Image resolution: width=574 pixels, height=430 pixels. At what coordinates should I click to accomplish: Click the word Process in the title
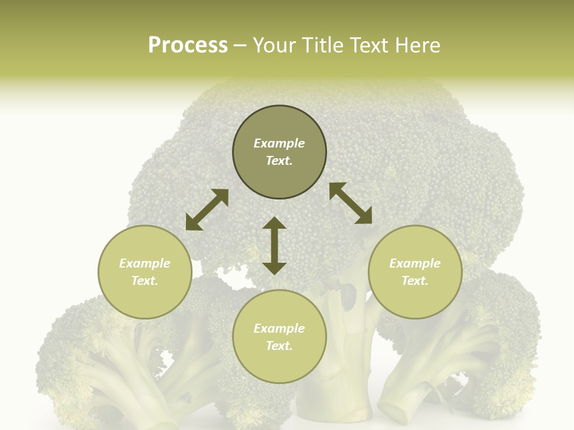[x=188, y=45]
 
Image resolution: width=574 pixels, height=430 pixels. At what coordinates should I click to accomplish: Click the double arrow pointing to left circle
[x=207, y=210]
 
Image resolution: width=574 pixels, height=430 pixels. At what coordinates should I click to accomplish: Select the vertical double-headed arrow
[x=274, y=245]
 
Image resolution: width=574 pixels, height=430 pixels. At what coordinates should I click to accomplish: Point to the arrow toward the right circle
[x=350, y=203]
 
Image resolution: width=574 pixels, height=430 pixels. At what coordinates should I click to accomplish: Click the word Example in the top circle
[x=279, y=143]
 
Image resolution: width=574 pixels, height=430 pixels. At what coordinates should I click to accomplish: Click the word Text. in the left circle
[x=145, y=281]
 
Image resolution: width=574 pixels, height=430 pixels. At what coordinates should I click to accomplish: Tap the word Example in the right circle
[x=415, y=263]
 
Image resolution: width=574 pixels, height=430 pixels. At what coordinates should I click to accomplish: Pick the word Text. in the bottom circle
[x=279, y=346]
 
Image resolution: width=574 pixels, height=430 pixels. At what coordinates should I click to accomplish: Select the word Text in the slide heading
[x=368, y=45]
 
